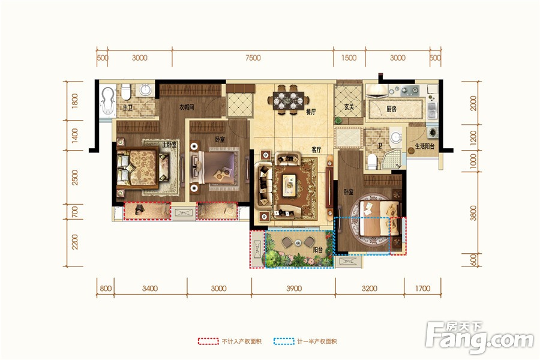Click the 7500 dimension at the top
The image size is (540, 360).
coord(253,58)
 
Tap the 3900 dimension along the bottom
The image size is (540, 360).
coord(294,289)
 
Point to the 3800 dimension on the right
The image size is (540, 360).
coord(473,213)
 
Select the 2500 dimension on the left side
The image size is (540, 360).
coord(74,178)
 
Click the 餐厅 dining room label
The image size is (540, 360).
coord(311,112)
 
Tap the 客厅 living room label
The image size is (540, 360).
coord(316,149)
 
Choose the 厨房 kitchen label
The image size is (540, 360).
coord(391,109)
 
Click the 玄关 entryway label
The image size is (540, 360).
coord(349,107)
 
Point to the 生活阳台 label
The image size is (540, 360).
coord(425,146)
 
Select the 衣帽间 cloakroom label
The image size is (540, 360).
coord(187,107)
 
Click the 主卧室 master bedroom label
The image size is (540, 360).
coord(169,145)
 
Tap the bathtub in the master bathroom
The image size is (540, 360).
coord(108,100)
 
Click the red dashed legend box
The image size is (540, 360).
coord(208,341)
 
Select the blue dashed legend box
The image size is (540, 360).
coord(284,341)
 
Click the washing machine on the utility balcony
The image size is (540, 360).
coord(432,132)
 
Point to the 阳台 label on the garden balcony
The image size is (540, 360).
coord(318,250)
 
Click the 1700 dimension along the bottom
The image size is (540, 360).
coord(422,289)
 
